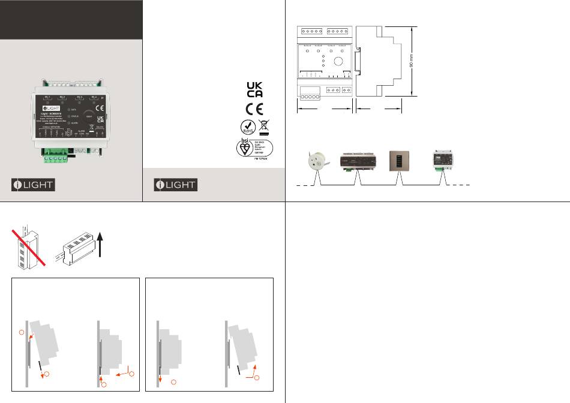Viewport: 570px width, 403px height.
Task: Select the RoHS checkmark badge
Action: [246, 127]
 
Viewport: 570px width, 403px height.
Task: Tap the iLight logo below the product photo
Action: [34, 185]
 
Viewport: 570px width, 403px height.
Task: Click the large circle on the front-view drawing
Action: [338, 62]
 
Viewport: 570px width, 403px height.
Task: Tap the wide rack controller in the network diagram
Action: [358, 161]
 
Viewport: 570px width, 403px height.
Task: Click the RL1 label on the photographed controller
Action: [48, 97]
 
